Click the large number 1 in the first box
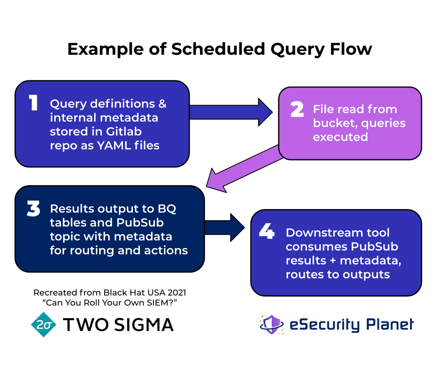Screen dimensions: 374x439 [x=33, y=103]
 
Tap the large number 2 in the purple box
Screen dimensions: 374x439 [x=297, y=109]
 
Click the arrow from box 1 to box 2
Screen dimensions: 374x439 [x=232, y=112]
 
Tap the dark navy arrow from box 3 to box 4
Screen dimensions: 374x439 [x=225, y=227]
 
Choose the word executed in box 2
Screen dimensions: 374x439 [x=340, y=137]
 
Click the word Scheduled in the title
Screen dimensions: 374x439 [x=218, y=49]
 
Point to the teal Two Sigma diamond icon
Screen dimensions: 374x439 [x=44, y=324]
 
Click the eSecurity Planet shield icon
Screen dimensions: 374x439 [x=272, y=324]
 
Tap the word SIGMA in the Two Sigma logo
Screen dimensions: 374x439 [x=144, y=325]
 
